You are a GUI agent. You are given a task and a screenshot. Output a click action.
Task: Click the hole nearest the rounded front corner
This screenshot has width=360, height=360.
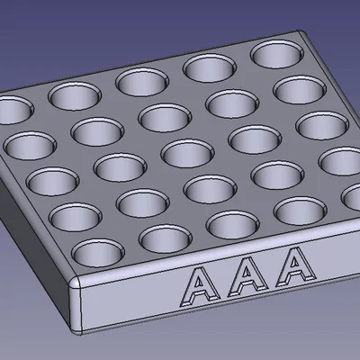point(98,251)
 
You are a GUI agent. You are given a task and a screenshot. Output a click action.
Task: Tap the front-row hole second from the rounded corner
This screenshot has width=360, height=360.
point(164,238)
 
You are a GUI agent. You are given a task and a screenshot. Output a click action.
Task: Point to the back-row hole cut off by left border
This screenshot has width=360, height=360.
point(11,110)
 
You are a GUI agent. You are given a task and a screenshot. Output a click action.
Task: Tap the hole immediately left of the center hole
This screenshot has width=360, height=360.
point(118,166)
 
